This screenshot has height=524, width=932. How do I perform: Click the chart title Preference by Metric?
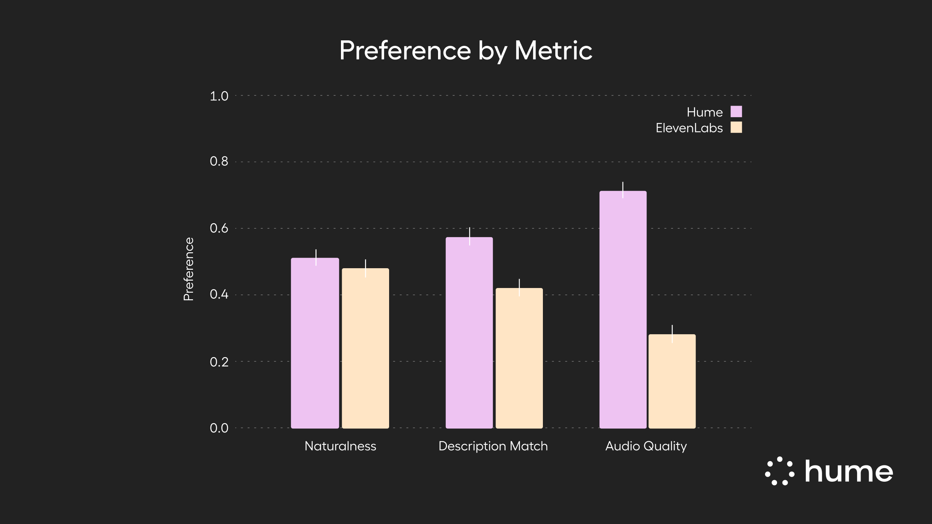pyautogui.click(x=466, y=51)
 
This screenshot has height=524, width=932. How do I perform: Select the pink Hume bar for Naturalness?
pyautogui.click(x=315, y=343)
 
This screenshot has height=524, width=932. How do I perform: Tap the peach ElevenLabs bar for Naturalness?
pyautogui.click(x=365, y=348)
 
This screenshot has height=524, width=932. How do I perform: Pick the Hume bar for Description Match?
pyautogui.click(x=469, y=333)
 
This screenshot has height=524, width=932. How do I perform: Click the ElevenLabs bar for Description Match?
pyautogui.click(x=519, y=358)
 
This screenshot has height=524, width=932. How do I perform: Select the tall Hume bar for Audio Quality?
pyautogui.click(x=623, y=309)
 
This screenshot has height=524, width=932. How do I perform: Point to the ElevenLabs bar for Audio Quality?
pyautogui.click(x=672, y=381)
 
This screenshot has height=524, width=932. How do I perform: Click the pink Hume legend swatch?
pyautogui.click(x=736, y=112)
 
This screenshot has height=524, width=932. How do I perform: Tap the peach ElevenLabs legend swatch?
pyautogui.click(x=736, y=127)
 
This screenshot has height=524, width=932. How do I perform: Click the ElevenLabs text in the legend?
pyautogui.click(x=689, y=128)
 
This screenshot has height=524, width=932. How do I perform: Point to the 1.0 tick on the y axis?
pyautogui.click(x=219, y=96)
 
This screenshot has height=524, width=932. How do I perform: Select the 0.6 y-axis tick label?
pyautogui.click(x=219, y=228)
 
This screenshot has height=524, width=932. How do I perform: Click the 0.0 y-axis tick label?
pyautogui.click(x=219, y=428)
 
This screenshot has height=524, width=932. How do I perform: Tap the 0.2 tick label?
pyautogui.click(x=219, y=362)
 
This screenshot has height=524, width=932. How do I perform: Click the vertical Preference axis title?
pyautogui.click(x=188, y=269)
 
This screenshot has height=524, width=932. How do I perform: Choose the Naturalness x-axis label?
pyautogui.click(x=340, y=446)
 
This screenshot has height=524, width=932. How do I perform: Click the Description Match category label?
pyautogui.click(x=493, y=446)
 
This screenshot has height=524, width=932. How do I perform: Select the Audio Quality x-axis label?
pyautogui.click(x=646, y=446)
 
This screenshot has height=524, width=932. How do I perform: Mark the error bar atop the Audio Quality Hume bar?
pyautogui.click(x=623, y=190)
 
